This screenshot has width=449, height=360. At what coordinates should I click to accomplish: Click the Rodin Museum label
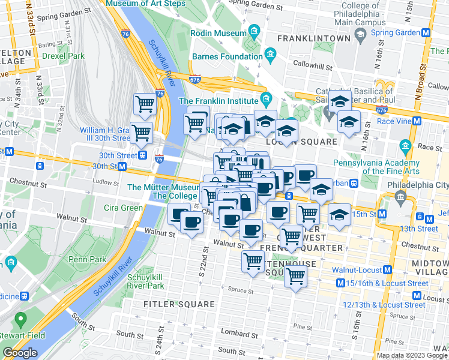click(x=218, y=33)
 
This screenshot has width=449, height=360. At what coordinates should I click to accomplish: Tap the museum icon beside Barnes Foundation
click(x=270, y=57)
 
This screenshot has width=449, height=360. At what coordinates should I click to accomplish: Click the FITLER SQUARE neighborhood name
click(x=170, y=304)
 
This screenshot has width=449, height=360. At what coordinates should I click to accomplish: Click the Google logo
click(x=20, y=353)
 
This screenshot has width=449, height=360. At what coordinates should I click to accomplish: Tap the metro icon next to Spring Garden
click(x=426, y=33)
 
